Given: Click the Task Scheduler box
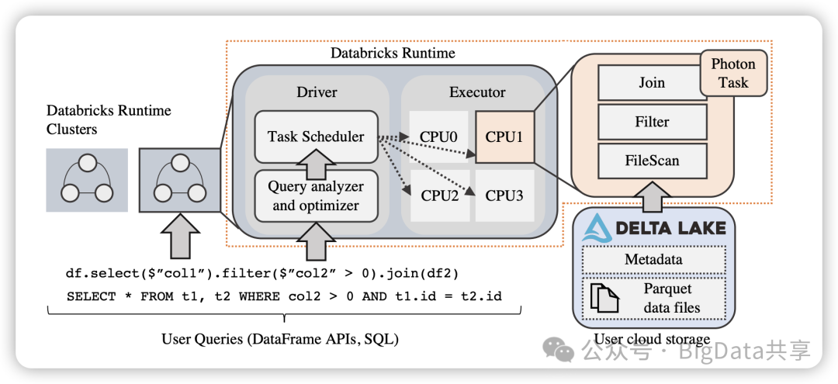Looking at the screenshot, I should click(x=316, y=137).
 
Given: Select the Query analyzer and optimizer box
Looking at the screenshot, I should click(x=316, y=196).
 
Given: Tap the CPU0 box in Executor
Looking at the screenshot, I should click(x=439, y=137).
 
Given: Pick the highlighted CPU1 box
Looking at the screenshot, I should click(x=504, y=137).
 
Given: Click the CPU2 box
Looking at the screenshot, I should click(x=439, y=195).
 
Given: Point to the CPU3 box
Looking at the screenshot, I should click(x=504, y=195).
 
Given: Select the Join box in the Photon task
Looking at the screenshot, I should click(x=652, y=83).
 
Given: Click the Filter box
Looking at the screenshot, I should click(x=652, y=122).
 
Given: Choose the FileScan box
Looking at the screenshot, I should click(x=652, y=161).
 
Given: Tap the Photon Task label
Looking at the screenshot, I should click(x=732, y=74).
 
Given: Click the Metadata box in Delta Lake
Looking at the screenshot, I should click(x=653, y=259).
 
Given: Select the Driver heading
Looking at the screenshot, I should click(x=317, y=92).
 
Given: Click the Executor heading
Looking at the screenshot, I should click(x=477, y=92).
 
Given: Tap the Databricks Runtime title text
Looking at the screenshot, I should click(x=393, y=54).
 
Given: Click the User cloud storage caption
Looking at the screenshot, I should click(x=652, y=339).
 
